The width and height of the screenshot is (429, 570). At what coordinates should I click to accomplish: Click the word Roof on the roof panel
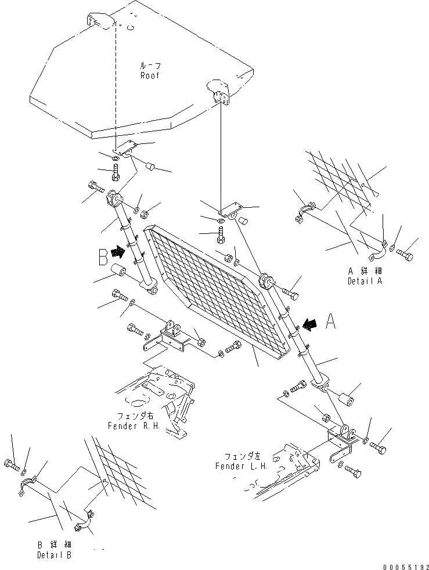149,75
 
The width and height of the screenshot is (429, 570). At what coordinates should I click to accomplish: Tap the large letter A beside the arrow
331,321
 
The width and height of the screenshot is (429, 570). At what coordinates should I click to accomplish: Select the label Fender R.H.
132,425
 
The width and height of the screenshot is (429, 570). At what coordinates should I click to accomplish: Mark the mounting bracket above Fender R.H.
168,337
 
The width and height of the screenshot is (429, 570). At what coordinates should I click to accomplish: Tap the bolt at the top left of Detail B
12,463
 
